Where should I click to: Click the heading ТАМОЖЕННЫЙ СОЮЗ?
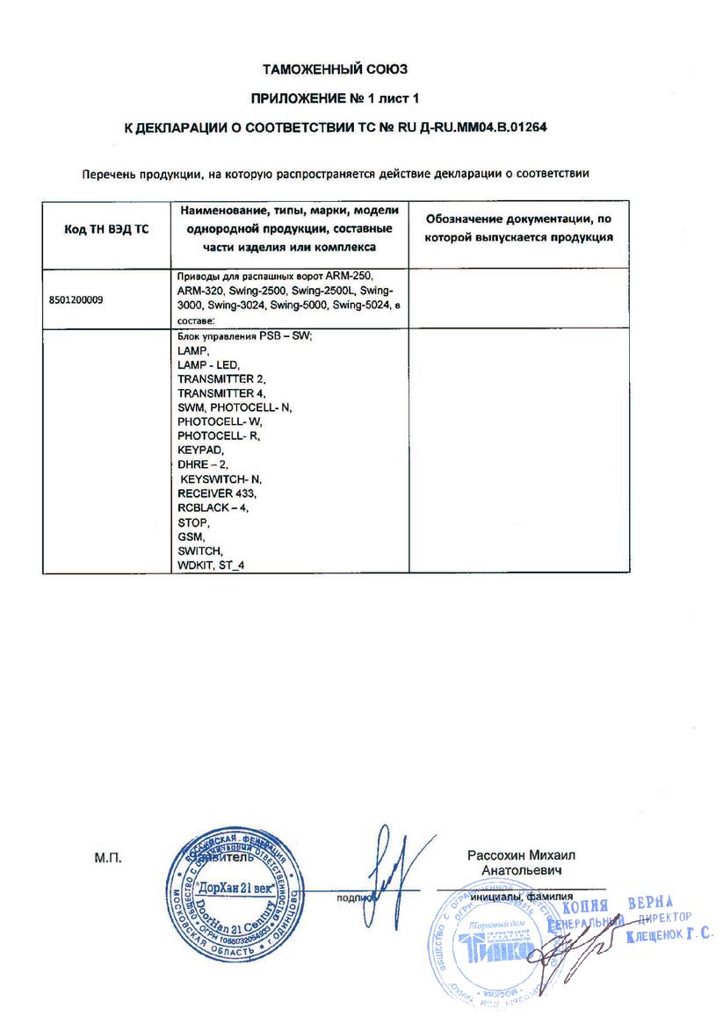(336, 68)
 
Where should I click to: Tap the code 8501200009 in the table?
(76, 299)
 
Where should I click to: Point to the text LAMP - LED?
(208, 364)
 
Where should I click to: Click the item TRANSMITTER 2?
(221, 378)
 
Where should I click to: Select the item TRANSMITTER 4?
(221, 393)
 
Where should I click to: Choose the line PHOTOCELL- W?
(220, 421)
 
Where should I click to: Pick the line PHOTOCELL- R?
(219, 436)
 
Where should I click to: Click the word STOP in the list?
(193, 522)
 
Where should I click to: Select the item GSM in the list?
(191, 536)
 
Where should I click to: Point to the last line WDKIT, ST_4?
(211, 565)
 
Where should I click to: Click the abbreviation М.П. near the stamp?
(105, 856)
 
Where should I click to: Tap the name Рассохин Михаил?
(522, 855)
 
